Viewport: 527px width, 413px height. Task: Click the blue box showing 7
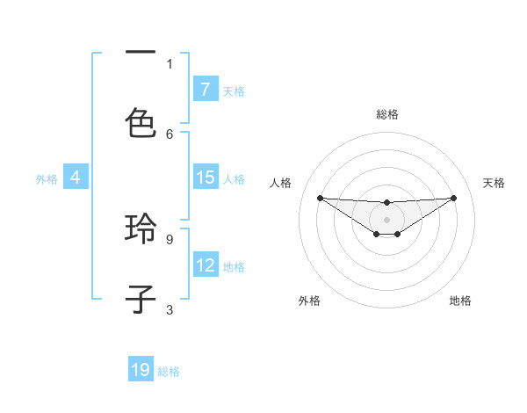pos(205,90)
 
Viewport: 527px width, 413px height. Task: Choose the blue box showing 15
pos(205,178)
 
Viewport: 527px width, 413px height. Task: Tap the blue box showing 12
pos(205,265)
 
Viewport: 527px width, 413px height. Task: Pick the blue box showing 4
pos(76,178)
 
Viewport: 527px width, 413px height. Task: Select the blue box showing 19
pos(141,370)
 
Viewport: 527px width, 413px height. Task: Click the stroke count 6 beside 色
pos(170,134)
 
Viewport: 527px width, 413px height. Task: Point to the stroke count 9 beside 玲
pos(170,238)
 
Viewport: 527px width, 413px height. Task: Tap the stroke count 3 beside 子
pos(170,309)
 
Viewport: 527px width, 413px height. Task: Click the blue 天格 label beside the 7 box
pos(234,91)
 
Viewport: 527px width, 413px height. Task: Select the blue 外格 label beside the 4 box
pos(47,178)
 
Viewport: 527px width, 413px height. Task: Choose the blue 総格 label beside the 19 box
pos(169,371)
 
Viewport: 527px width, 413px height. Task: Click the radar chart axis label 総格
pos(387,114)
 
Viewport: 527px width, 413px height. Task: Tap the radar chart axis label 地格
pos(460,301)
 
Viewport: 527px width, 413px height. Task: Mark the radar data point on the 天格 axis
pos(453,198)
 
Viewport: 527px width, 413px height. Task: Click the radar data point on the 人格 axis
pos(320,198)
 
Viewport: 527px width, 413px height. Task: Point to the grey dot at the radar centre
pos(386,220)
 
